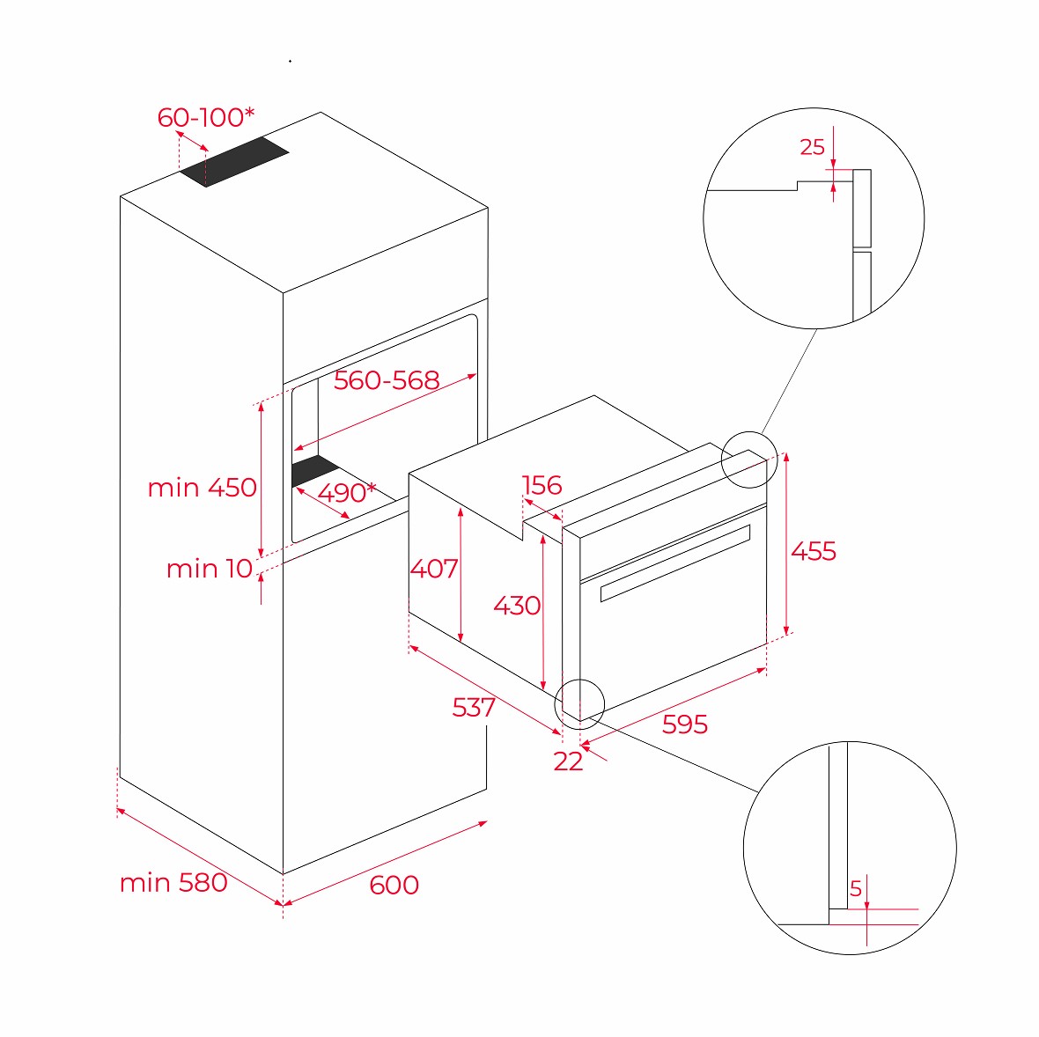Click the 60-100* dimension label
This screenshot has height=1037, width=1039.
205,117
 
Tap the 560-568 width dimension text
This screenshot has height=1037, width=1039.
387,380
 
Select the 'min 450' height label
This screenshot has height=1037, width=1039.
203,488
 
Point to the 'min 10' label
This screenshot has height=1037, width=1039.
210,569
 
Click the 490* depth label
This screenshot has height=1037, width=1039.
347,492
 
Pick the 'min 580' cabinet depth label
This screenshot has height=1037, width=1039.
173,883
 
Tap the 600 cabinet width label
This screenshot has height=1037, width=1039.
394,886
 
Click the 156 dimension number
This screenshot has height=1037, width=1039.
542,486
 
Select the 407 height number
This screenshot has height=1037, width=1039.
434,569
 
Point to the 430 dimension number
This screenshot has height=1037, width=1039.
517,606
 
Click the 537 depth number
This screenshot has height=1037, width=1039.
474,708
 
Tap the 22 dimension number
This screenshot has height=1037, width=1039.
569,762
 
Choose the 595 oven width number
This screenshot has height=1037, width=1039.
684,724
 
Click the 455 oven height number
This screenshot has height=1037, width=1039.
814,551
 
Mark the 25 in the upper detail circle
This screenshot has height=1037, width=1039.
813,147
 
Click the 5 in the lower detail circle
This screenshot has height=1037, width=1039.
856,888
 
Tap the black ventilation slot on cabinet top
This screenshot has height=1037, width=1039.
234,162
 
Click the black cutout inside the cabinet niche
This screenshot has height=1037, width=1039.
315,470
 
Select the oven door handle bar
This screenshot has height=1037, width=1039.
675,563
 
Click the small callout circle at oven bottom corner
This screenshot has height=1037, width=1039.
579,704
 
